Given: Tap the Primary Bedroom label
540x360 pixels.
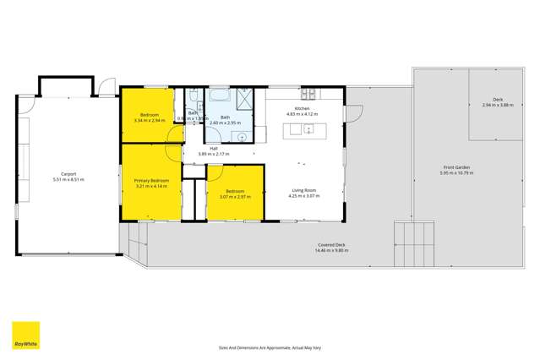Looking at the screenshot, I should (152, 181).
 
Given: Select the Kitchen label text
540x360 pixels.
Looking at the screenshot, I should (303, 109).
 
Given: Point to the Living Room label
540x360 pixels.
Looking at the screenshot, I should (303, 192).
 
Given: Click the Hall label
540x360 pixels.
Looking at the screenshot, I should (203, 149).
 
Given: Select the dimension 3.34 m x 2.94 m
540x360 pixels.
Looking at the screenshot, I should (150, 120).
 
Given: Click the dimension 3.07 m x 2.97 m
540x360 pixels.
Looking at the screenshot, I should (232, 197).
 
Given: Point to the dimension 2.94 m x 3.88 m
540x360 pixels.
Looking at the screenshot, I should (498, 105).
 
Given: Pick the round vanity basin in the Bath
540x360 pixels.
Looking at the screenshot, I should (242, 135).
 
